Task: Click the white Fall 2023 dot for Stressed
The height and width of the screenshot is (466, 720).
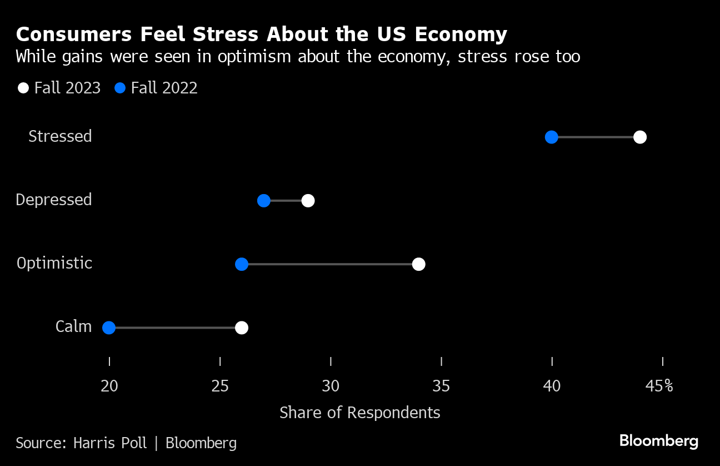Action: [x=640, y=137]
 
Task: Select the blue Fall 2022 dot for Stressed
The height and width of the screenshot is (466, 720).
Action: [x=551, y=137]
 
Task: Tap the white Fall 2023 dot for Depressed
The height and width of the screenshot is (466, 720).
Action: [x=308, y=201]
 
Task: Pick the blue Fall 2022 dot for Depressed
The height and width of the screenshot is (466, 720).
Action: [x=264, y=201]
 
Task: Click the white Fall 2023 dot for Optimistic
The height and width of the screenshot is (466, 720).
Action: [x=419, y=264]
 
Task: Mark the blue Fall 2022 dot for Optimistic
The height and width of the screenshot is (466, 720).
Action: [x=242, y=264]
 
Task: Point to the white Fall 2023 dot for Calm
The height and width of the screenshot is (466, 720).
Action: [x=242, y=328]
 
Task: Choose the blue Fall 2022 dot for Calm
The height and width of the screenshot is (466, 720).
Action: [x=109, y=328]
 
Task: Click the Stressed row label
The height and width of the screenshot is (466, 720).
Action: [x=60, y=137]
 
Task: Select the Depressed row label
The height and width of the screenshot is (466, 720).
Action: [x=54, y=200]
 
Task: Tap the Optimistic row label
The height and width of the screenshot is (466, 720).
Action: [x=54, y=264]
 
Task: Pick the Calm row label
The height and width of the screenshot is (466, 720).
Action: [x=73, y=327]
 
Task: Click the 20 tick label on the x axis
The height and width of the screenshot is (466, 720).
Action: [x=109, y=386]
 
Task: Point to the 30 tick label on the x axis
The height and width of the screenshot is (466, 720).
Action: [x=331, y=386]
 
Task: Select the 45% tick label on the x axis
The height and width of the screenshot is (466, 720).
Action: [x=659, y=386]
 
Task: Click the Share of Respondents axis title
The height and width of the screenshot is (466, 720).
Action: [x=360, y=413]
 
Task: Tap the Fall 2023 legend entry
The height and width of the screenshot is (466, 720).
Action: [x=60, y=88]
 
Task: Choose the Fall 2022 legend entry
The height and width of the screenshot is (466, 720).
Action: [x=157, y=88]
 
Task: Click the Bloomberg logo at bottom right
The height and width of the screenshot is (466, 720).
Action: [x=659, y=442]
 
